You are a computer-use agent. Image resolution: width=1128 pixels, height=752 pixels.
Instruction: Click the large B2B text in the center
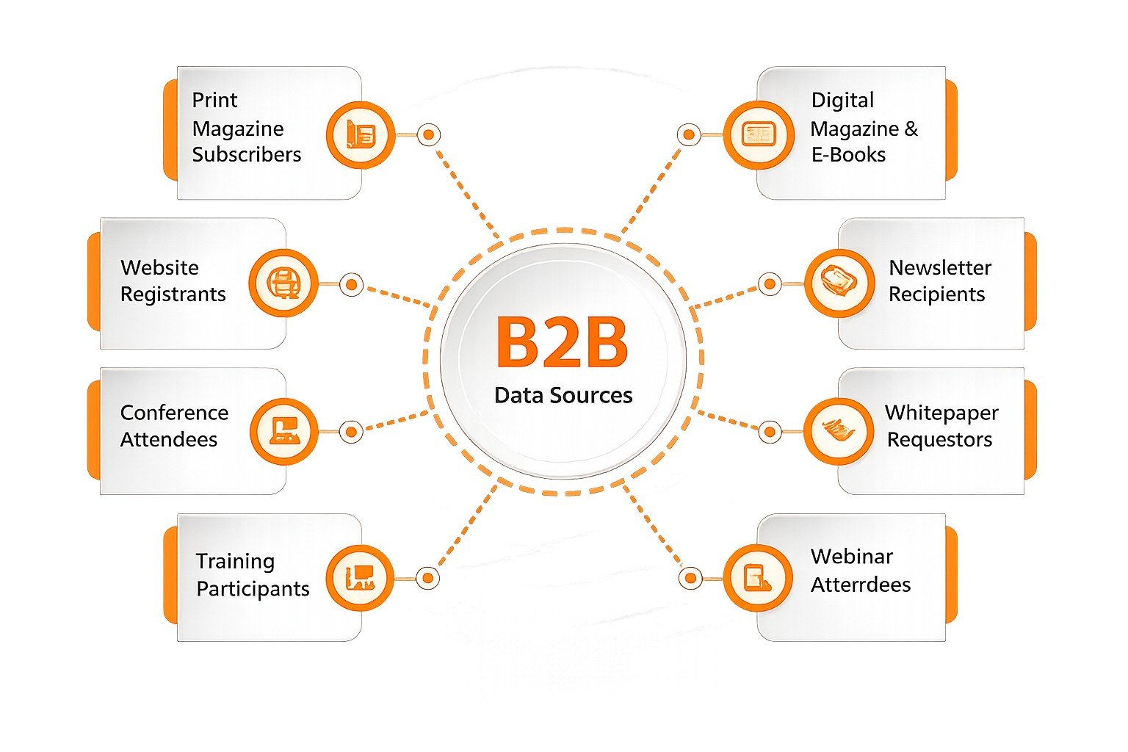pyautogui.click(x=562, y=342)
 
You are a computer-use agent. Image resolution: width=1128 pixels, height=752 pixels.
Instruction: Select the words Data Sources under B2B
pyautogui.click(x=563, y=395)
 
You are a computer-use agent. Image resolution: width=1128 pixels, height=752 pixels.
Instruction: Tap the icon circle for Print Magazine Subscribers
pyautogui.click(x=361, y=134)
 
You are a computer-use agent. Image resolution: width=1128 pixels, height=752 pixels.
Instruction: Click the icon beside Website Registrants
pyautogui.click(x=283, y=283)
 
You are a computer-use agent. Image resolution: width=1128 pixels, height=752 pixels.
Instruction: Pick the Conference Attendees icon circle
pyautogui.click(x=284, y=431)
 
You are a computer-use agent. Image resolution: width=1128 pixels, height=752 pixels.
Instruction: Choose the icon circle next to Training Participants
pyautogui.click(x=360, y=578)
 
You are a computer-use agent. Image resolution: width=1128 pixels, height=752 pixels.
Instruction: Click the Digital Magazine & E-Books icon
pyautogui.click(x=759, y=134)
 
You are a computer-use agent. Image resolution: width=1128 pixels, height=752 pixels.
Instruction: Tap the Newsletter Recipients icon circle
pyautogui.click(x=839, y=283)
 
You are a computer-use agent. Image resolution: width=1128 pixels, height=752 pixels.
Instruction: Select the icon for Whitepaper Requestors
pyautogui.click(x=839, y=431)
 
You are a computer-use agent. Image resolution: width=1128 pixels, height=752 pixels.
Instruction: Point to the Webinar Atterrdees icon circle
pyautogui.click(x=758, y=578)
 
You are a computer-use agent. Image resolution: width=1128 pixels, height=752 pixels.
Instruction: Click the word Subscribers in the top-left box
pyautogui.click(x=247, y=155)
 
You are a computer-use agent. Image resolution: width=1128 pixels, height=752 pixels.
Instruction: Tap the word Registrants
pyautogui.click(x=173, y=294)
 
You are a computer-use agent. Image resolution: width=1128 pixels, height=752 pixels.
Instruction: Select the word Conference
pyautogui.click(x=174, y=413)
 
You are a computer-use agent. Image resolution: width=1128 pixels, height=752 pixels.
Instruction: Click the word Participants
pyautogui.click(x=253, y=589)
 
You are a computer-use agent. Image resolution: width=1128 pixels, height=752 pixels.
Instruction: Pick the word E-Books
pyautogui.click(x=848, y=155)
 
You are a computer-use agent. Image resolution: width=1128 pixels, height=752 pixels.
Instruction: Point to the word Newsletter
pyautogui.click(x=940, y=268)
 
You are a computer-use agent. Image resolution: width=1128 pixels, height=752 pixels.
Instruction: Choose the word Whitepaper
pyautogui.click(x=941, y=413)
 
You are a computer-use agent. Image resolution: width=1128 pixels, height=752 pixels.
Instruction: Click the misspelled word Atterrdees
pyautogui.click(x=861, y=585)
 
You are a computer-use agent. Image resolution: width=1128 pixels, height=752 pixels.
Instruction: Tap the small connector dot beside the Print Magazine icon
pyautogui.click(x=429, y=134)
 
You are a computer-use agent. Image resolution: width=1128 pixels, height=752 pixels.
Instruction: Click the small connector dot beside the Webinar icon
pyautogui.click(x=690, y=578)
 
